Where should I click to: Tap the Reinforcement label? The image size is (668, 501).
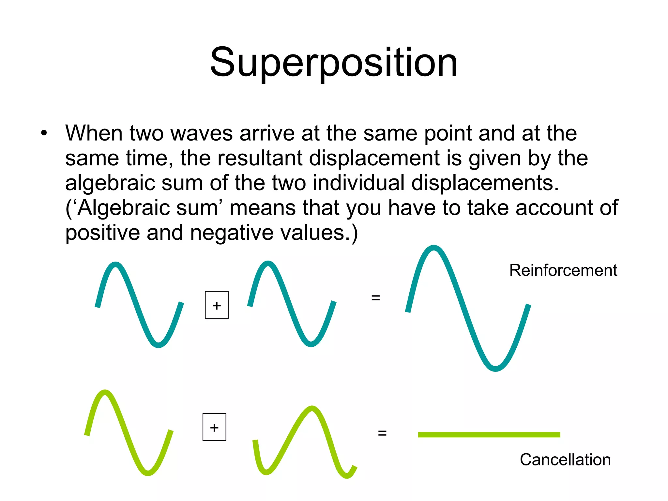[x=563, y=270]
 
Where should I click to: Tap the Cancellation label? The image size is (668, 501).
[x=565, y=460]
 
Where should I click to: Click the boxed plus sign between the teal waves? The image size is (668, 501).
[x=217, y=305]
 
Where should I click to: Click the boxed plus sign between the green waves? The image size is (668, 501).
[x=214, y=427]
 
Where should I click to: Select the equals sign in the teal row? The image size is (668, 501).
[x=375, y=297]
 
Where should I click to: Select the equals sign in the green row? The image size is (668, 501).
[x=382, y=433]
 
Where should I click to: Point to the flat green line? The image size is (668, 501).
[x=489, y=434]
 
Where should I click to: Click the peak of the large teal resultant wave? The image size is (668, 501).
[x=434, y=248]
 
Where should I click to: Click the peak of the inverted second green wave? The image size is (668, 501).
[x=312, y=409]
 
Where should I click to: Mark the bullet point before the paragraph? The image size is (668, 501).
[x=44, y=133]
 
